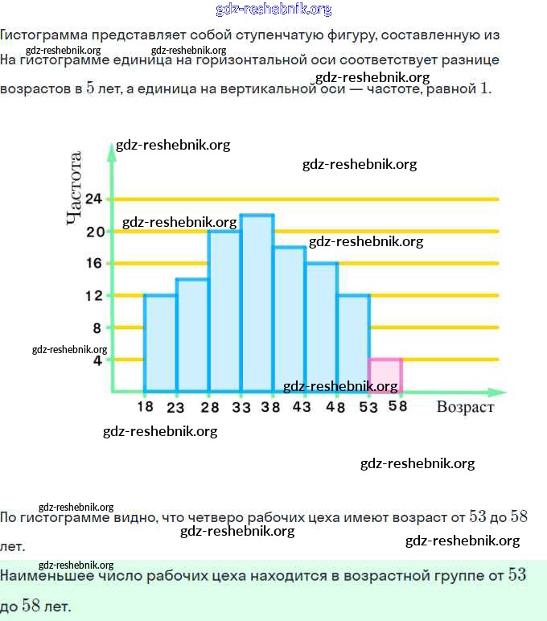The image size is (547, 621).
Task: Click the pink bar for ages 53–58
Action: pos(385,376)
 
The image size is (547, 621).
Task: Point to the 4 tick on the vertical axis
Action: pos(97,360)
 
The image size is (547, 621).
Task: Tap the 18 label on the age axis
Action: pos(145,407)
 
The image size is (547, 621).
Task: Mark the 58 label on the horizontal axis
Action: pos(397,407)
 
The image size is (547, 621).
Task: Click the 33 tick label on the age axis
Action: pos(241,407)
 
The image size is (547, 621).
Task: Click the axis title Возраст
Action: pos(465,407)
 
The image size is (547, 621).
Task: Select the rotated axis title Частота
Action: pos(75,188)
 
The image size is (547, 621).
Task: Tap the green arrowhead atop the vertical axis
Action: pos(113,150)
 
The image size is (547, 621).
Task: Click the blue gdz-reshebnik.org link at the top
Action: pos(273,10)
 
